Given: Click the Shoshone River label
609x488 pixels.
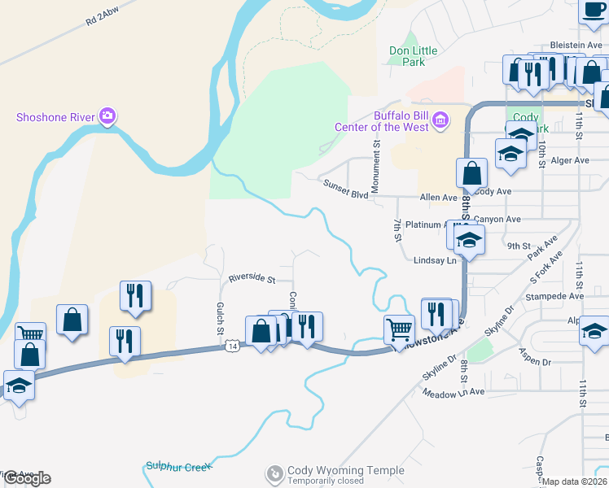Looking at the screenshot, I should [56, 117].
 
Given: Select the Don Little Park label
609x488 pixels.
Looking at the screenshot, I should [413, 56].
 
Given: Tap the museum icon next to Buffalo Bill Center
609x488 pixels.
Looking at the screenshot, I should [440, 121].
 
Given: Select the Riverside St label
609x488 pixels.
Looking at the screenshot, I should [251, 278].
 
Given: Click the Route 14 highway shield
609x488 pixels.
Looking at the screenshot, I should [233, 346].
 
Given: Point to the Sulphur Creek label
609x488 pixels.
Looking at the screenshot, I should [178, 466].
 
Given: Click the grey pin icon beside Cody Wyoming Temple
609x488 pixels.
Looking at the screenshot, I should [275, 472].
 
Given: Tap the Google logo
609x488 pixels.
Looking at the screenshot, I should [27, 478].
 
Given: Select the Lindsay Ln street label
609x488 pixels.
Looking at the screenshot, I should [435, 260].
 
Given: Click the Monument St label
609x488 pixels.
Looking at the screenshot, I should [376, 168].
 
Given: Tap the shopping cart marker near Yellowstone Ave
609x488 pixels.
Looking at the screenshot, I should [399, 328].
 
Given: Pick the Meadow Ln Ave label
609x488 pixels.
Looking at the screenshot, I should [453, 392].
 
